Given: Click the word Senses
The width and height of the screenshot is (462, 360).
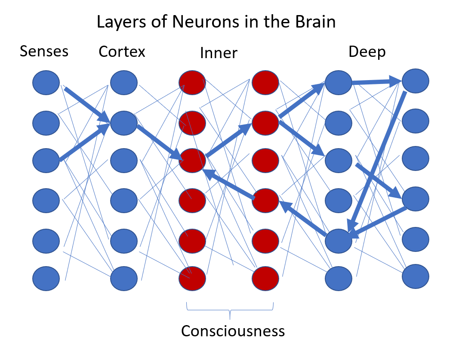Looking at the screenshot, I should point(44,51).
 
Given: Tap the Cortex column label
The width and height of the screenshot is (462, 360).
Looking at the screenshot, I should point(122,52).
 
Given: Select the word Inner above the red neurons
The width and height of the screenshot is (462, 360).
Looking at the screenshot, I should point(219,53).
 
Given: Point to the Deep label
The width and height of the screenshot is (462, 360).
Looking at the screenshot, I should point(367,52).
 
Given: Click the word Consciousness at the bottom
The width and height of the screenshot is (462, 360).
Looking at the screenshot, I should point(233,331).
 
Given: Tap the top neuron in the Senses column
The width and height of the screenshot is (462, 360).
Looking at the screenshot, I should point(46,82).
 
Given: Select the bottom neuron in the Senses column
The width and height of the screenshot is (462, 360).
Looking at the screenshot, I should point(46,279).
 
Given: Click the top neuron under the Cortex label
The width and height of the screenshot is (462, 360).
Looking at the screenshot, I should point(124,82).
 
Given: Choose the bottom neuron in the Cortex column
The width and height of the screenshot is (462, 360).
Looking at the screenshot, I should point(124,279).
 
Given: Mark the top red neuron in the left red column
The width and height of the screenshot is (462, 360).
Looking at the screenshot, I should point(192,82).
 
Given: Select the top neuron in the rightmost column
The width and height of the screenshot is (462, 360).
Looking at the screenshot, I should point(415,81).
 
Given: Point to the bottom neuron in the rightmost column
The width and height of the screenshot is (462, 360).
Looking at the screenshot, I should point(416,276).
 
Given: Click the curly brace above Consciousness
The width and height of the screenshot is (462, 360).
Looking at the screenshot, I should point(230,311).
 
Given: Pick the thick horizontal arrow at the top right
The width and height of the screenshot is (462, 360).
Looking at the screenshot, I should point(376,81).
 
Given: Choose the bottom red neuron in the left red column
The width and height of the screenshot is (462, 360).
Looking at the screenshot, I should point(192,279).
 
